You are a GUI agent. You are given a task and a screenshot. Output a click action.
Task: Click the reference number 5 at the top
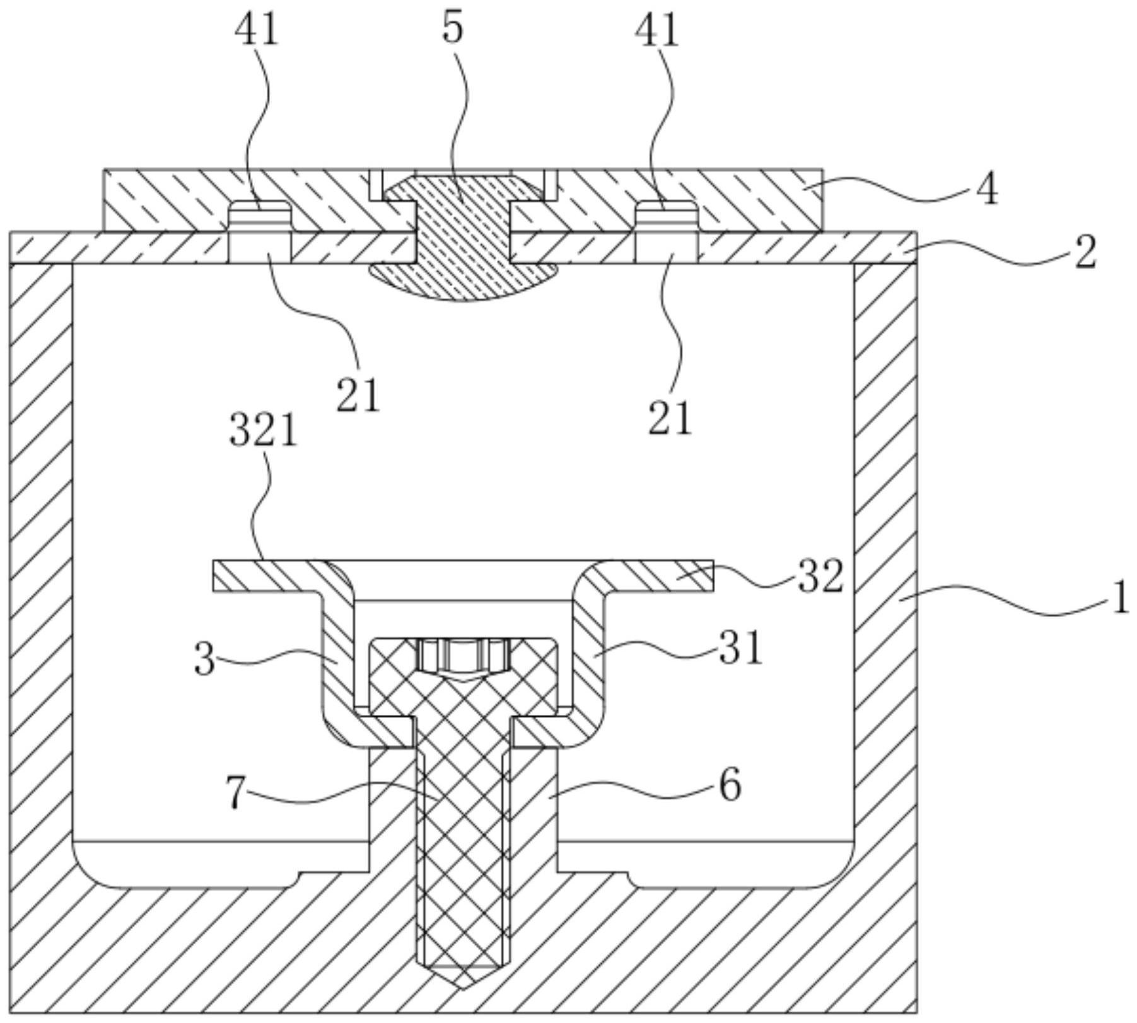(x=453, y=29)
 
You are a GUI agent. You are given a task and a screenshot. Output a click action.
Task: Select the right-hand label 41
(x=656, y=30)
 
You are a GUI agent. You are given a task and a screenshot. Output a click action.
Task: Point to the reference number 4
(x=987, y=190)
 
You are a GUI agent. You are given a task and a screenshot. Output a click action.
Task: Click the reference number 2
(x=1084, y=253)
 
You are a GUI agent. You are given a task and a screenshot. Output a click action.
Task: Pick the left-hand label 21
(x=358, y=396)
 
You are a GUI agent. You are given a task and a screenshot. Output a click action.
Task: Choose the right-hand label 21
(x=670, y=419)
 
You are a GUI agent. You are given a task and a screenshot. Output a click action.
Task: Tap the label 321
(x=263, y=432)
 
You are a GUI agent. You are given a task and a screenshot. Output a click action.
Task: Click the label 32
(x=820, y=577)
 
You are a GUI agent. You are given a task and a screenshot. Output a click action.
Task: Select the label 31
(x=741, y=649)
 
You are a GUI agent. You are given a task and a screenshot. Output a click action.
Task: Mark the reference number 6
(x=730, y=786)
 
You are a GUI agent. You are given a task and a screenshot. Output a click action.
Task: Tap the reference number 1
(x=1120, y=598)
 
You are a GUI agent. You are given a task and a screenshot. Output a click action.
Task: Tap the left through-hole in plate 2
(x=259, y=247)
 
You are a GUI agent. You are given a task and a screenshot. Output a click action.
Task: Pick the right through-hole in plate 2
(x=666, y=247)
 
